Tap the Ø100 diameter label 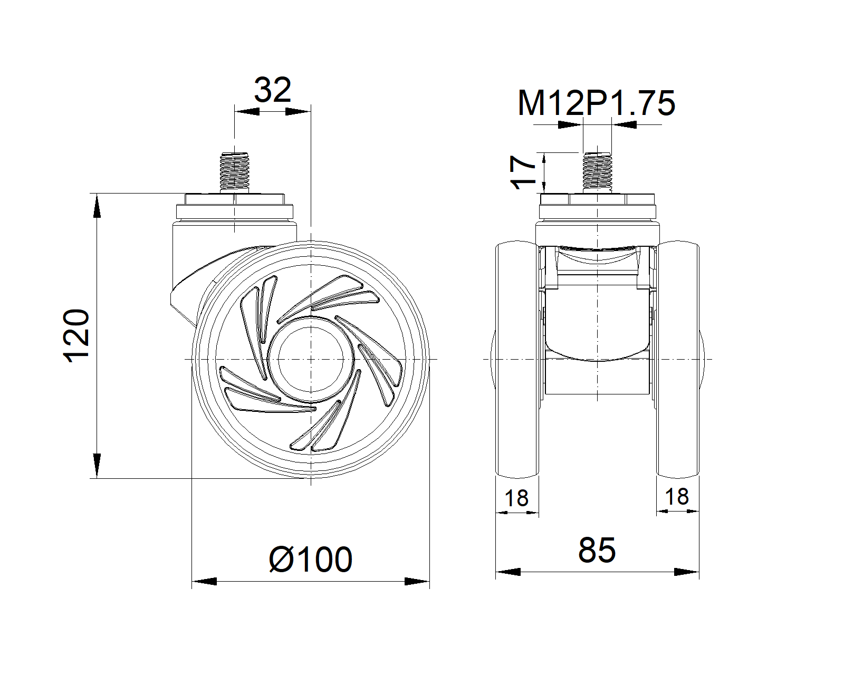point(310,560)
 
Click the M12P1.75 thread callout point(596,103)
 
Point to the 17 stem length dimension point(523,172)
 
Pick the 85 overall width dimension point(597,550)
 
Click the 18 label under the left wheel point(516,498)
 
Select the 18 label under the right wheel point(677,497)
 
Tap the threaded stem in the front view point(597,172)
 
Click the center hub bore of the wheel point(311,359)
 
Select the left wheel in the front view point(517,359)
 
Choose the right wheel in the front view point(678,359)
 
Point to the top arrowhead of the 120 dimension point(96,206)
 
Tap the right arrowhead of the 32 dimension point(296,111)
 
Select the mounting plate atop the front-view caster point(597,200)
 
